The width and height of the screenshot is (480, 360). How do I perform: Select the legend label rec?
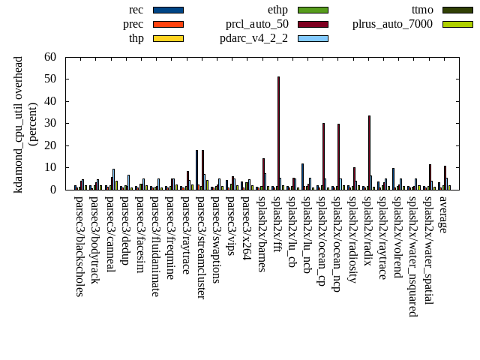136,10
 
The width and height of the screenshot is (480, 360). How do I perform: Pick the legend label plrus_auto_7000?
392,24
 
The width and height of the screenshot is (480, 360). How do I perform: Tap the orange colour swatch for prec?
168,25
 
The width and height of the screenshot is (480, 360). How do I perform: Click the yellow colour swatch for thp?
168,39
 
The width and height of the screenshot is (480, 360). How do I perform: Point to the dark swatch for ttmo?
457,10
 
